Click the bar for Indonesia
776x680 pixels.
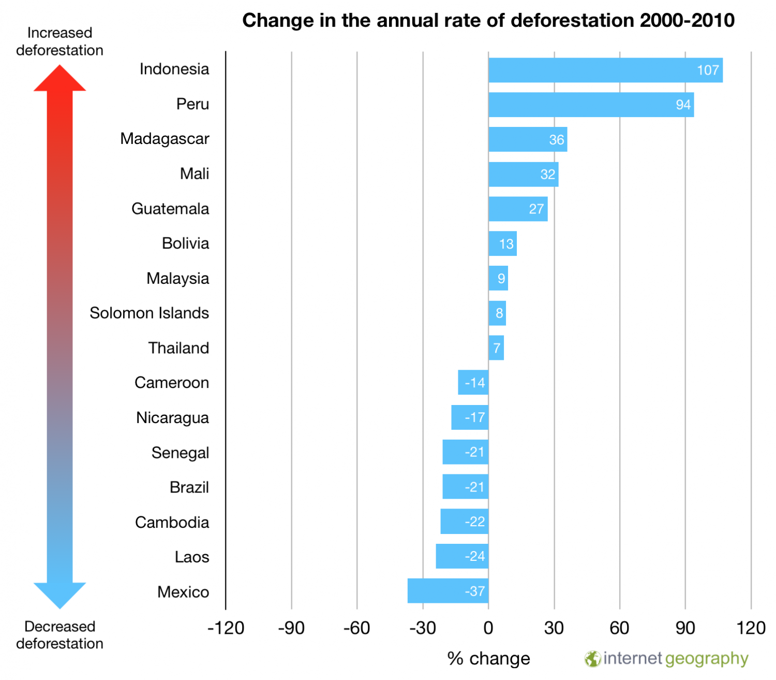point(605,70)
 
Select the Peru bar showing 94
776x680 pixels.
point(591,105)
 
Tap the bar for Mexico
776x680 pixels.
point(448,591)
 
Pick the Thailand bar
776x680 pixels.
point(496,348)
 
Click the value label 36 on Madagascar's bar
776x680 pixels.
point(556,140)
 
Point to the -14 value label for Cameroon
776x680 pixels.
point(474,383)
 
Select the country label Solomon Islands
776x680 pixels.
point(149,313)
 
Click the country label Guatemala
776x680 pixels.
point(170,209)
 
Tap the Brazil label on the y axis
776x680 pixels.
point(189,487)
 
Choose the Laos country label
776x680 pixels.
point(191,557)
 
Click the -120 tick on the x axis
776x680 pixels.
point(226,628)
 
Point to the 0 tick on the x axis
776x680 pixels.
point(488,628)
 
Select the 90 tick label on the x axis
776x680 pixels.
point(685,628)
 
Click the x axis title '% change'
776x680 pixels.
point(488,659)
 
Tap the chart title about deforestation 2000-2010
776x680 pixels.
point(488,21)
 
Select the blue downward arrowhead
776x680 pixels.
point(59,595)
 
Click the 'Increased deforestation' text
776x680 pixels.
point(59,41)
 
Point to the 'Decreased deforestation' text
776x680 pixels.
point(59,635)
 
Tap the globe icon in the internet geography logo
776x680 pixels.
point(592,659)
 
